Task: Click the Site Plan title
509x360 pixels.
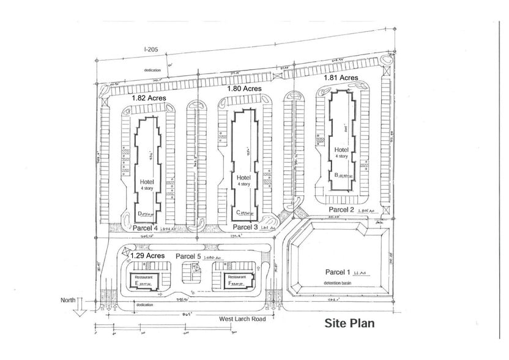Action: [349, 323]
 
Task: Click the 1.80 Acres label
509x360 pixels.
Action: [244, 89]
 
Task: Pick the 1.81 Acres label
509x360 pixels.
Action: [340, 78]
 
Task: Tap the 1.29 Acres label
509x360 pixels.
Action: [148, 255]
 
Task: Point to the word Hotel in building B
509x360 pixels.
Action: [341, 149]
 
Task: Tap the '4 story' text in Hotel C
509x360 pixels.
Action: [243, 184]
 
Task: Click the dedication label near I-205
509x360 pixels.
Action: [152, 70]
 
